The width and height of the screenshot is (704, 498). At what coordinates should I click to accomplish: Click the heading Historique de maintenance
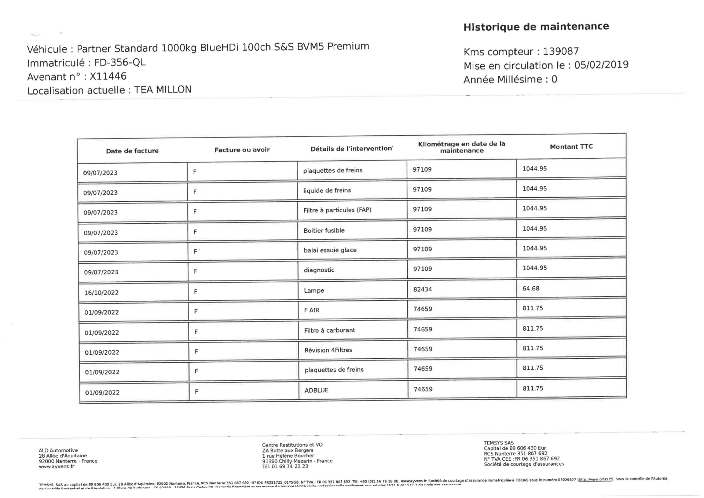(x=536, y=27)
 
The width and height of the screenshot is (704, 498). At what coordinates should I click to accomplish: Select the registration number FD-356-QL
(x=120, y=63)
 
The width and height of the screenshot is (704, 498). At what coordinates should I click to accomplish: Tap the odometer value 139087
(x=561, y=51)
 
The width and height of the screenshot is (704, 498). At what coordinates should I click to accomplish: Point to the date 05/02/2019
(x=601, y=65)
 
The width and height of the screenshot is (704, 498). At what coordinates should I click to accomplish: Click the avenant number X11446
(x=108, y=76)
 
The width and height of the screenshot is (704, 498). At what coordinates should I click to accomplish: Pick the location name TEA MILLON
(x=163, y=90)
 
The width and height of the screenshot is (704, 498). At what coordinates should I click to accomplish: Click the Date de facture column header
(x=132, y=151)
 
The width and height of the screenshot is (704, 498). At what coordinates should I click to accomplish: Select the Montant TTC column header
(x=571, y=147)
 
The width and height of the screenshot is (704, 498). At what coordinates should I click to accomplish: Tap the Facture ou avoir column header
(x=242, y=150)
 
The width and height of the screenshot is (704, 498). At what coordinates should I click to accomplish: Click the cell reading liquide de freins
(x=327, y=190)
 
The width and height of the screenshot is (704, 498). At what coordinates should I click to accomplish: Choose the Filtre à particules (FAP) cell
(x=337, y=210)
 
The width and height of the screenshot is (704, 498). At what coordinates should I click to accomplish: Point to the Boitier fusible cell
(x=324, y=230)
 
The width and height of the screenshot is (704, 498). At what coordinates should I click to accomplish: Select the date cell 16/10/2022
(x=101, y=293)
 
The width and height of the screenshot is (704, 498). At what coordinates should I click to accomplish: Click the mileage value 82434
(x=423, y=289)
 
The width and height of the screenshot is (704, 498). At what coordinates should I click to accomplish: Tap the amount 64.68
(x=531, y=288)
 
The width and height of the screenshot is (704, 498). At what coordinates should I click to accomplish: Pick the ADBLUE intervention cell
(x=316, y=390)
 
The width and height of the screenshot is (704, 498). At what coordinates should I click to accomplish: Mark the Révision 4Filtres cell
(x=328, y=350)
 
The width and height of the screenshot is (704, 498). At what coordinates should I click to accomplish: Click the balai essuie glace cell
(x=330, y=250)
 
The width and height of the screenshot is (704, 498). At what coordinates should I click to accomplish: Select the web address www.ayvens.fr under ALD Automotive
(x=56, y=466)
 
